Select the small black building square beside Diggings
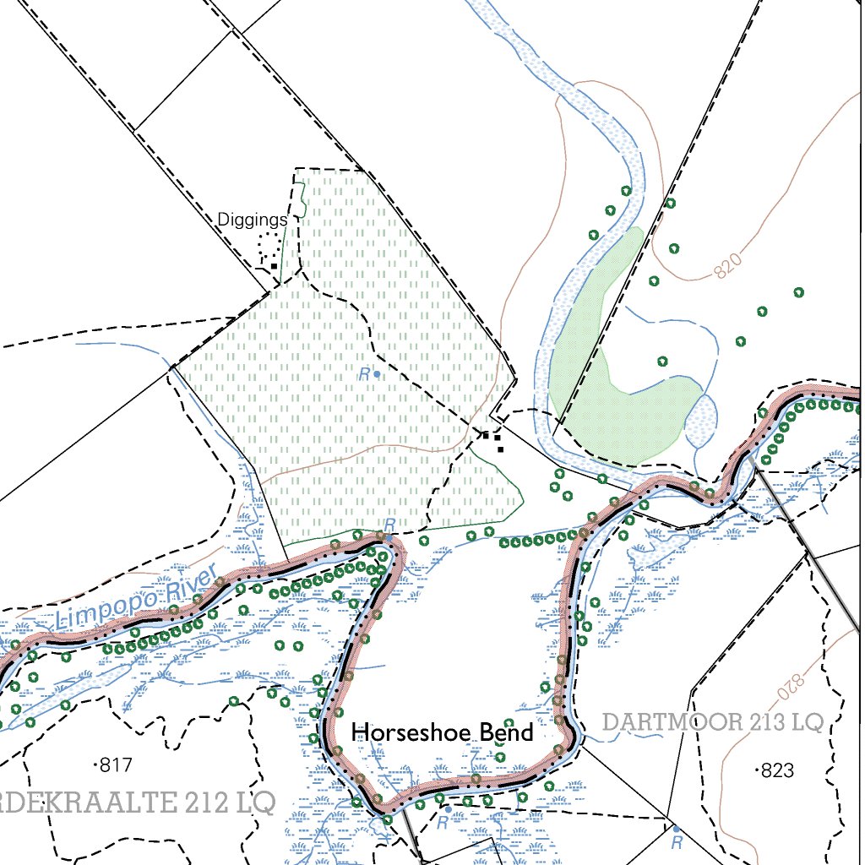tap(274, 266)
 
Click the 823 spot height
tap(775, 770)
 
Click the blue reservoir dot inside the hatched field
tap(377, 373)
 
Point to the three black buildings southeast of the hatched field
tap(492, 439)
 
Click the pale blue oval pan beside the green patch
tap(702, 420)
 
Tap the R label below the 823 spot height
tap(676, 841)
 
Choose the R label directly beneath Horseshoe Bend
tap(442, 823)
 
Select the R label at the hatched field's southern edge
tap(389, 525)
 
